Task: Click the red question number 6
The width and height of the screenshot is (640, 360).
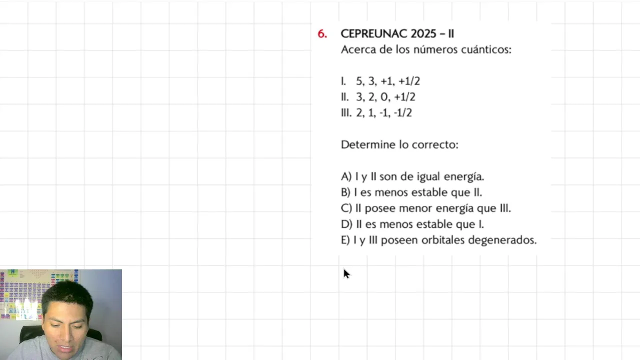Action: click(x=322, y=34)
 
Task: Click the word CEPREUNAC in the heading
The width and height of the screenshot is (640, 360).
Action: click(x=374, y=34)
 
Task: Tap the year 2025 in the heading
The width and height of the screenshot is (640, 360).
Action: click(x=423, y=34)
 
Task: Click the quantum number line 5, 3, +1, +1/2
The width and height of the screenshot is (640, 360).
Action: click(x=387, y=81)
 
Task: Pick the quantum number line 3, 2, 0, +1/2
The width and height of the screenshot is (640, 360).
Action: click(x=385, y=97)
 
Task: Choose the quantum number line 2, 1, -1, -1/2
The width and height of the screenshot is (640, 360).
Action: click(x=383, y=113)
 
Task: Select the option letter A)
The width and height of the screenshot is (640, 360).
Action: click(x=346, y=176)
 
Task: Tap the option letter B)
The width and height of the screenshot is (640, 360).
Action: click(x=345, y=192)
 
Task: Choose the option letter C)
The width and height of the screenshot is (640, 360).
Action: click(x=346, y=208)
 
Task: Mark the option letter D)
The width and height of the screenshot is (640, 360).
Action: click(x=346, y=224)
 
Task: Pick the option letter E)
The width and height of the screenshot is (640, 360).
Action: click(x=345, y=240)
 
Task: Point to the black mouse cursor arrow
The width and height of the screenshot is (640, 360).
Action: click(x=346, y=273)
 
